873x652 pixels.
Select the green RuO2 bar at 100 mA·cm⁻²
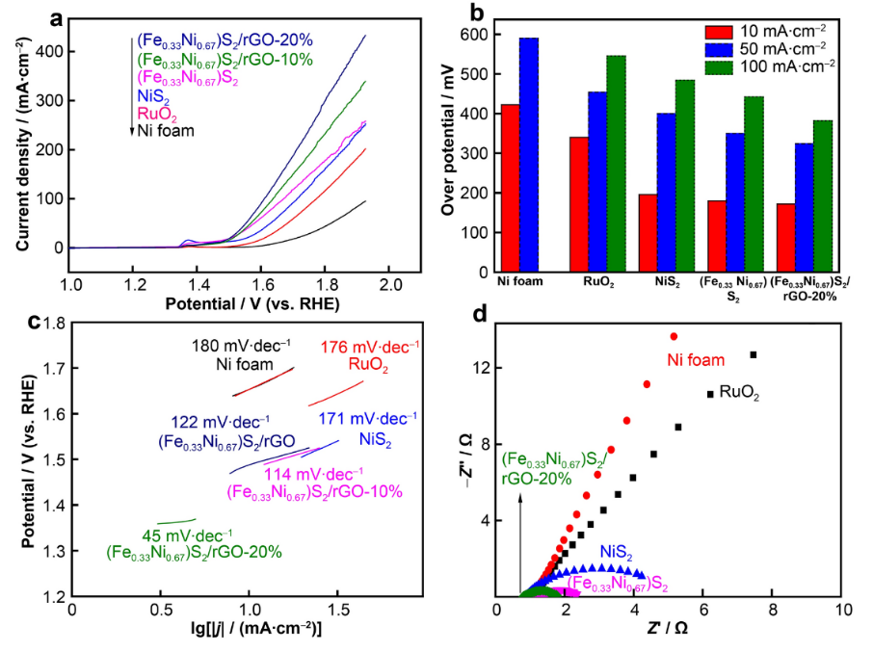point(616,165)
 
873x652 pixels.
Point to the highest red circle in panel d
point(674,336)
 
